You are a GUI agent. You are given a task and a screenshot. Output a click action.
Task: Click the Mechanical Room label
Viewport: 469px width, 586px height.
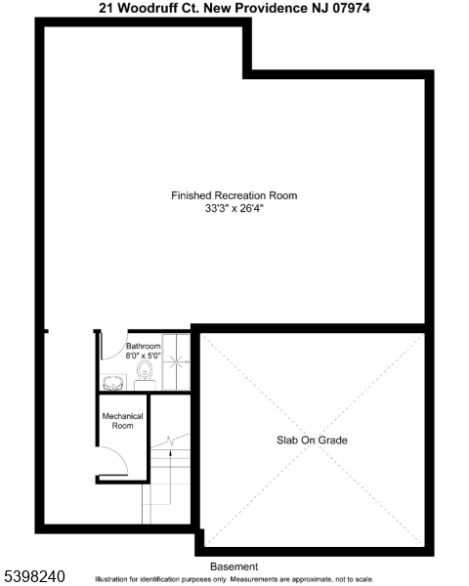pos(122,421)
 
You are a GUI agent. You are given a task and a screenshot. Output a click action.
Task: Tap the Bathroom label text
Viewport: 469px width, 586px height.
pos(143,346)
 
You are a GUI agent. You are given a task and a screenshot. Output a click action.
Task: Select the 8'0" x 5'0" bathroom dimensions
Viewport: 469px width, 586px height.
pos(143,356)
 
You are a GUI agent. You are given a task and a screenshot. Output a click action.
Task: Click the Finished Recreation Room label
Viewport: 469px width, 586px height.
pos(234,195)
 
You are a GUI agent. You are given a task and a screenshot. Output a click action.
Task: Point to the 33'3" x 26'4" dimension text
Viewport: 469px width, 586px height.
pos(234,208)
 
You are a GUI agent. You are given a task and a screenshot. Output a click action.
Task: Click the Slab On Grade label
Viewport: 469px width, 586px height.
pos(312,440)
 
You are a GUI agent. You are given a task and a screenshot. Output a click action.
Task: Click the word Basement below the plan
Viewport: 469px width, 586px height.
pos(234,566)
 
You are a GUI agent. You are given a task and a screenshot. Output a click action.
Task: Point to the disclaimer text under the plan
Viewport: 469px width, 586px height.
pos(234,579)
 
